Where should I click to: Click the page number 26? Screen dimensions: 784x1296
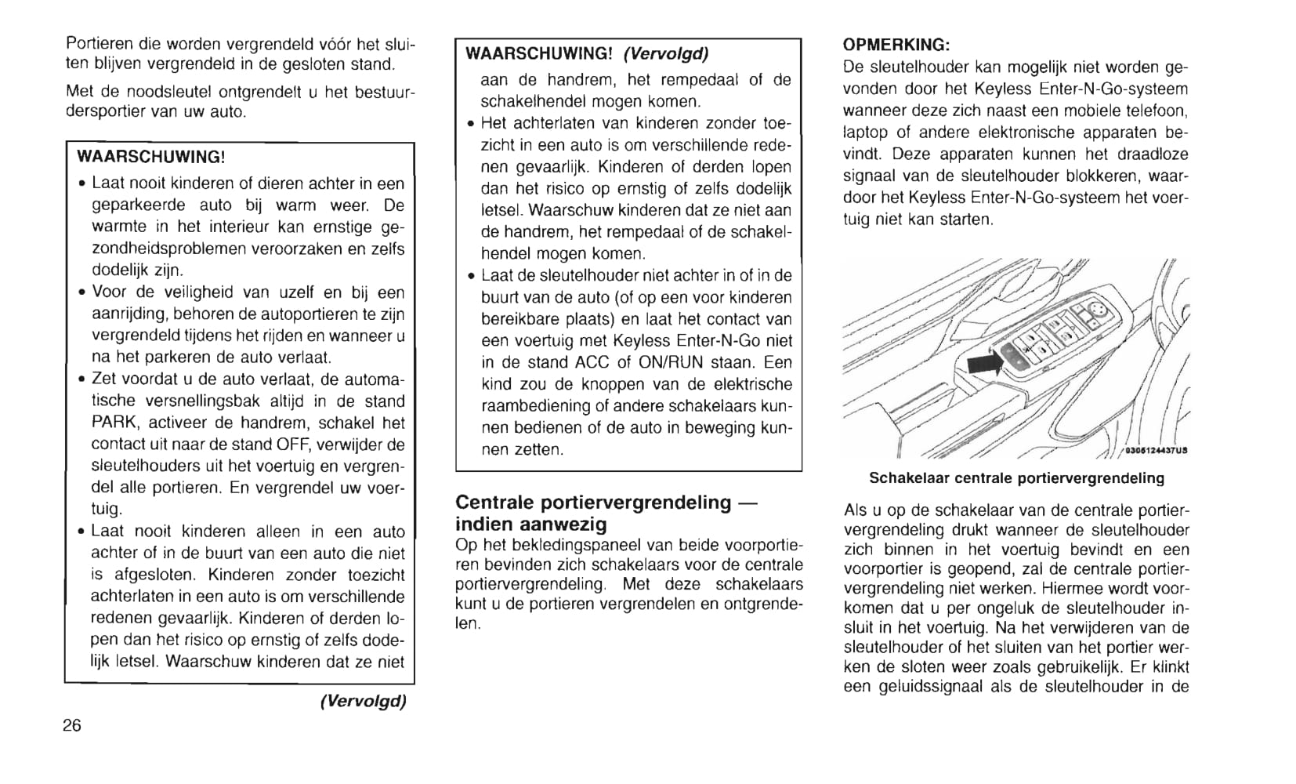coord(72,725)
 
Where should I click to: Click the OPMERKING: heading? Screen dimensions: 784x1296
coord(896,45)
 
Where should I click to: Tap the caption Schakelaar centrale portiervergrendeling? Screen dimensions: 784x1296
coord(1016,478)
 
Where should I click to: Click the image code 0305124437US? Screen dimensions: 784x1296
coord(1156,451)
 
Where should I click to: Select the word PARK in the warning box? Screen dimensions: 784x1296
coord(115,423)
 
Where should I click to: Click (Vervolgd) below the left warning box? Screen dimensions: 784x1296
coord(363,701)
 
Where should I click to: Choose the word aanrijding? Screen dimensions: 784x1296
coord(125,314)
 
